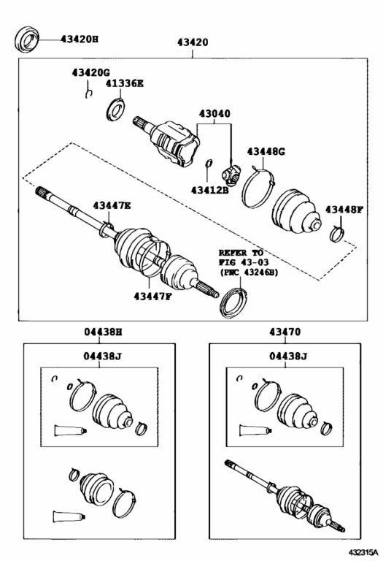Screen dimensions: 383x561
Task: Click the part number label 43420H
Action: pyautogui.click(x=80, y=39)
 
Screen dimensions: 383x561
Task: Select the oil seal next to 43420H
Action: pyautogui.click(x=27, y=39)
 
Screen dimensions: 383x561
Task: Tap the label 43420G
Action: pyautogui.click(x=90, y=72)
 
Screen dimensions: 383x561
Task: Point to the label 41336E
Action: pyautogui.click(x=124, y=83)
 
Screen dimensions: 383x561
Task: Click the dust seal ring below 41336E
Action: pyautogui.click(x=115, y=110)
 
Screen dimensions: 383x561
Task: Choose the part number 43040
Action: pyautogui.click(x=214, y=114)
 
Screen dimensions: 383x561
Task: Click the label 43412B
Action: pyautogui.click(x=209, y=190)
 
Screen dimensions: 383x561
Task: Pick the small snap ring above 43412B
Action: pyautogui.click(x=209, y=163)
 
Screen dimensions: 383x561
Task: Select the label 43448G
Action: pyautogui.click(x=266, y=152)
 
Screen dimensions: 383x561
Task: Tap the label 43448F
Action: pyautogui.click(x=344, y=210)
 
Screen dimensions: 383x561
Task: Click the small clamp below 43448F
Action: pyautogui.click(x=336, y=234)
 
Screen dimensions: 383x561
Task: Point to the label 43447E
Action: pyautogui.click(x=112, y=206)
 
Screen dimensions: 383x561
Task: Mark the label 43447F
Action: pyautogui.click(x=152, y=297)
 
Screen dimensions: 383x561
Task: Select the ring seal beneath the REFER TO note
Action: pyautogui.click(x=234, y=302)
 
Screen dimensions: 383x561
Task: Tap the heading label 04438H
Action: pyautogui.click(x=104, y=332)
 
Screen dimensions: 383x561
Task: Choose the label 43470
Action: pyautogui.click(x=285, y=332)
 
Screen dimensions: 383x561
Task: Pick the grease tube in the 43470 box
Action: pyautogui.click(x=255, y=430)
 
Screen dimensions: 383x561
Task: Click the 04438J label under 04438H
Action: pyautogui.click(x=103, y=356)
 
